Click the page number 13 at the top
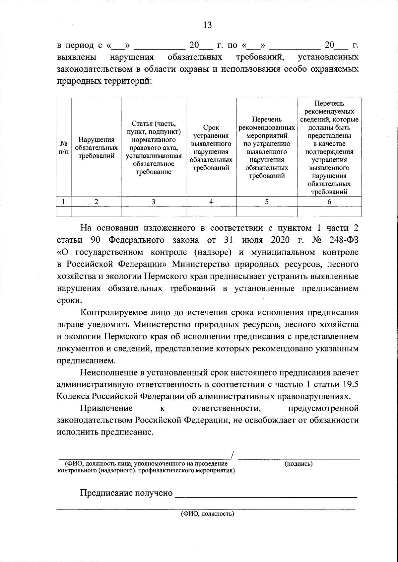coord(207,25)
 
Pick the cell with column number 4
coord(211,202)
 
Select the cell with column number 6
coord(329,202)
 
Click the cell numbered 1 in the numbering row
coord(64,202)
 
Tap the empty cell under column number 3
coord(154,211)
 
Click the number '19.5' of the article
coord(350,384)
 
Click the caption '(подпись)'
coord(298,464)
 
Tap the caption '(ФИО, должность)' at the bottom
coord(207,514)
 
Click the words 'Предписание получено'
coord(126,493)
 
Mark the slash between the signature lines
coord(233,455)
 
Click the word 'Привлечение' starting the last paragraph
coord(106,408)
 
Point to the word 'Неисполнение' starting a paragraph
coord(108,372)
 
